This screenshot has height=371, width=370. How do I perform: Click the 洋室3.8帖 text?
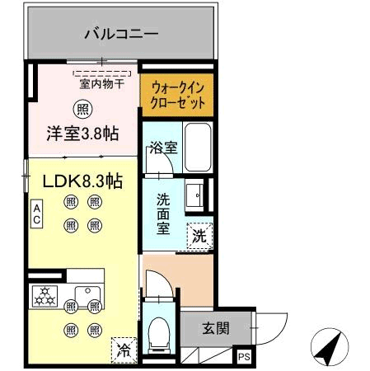pos(82,132)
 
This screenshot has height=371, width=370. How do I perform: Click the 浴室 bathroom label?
pos(162,148)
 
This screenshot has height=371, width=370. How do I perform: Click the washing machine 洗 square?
pos(199,235)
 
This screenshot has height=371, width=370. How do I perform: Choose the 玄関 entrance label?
pos(217,327)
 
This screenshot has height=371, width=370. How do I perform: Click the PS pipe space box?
pos(244,356)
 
